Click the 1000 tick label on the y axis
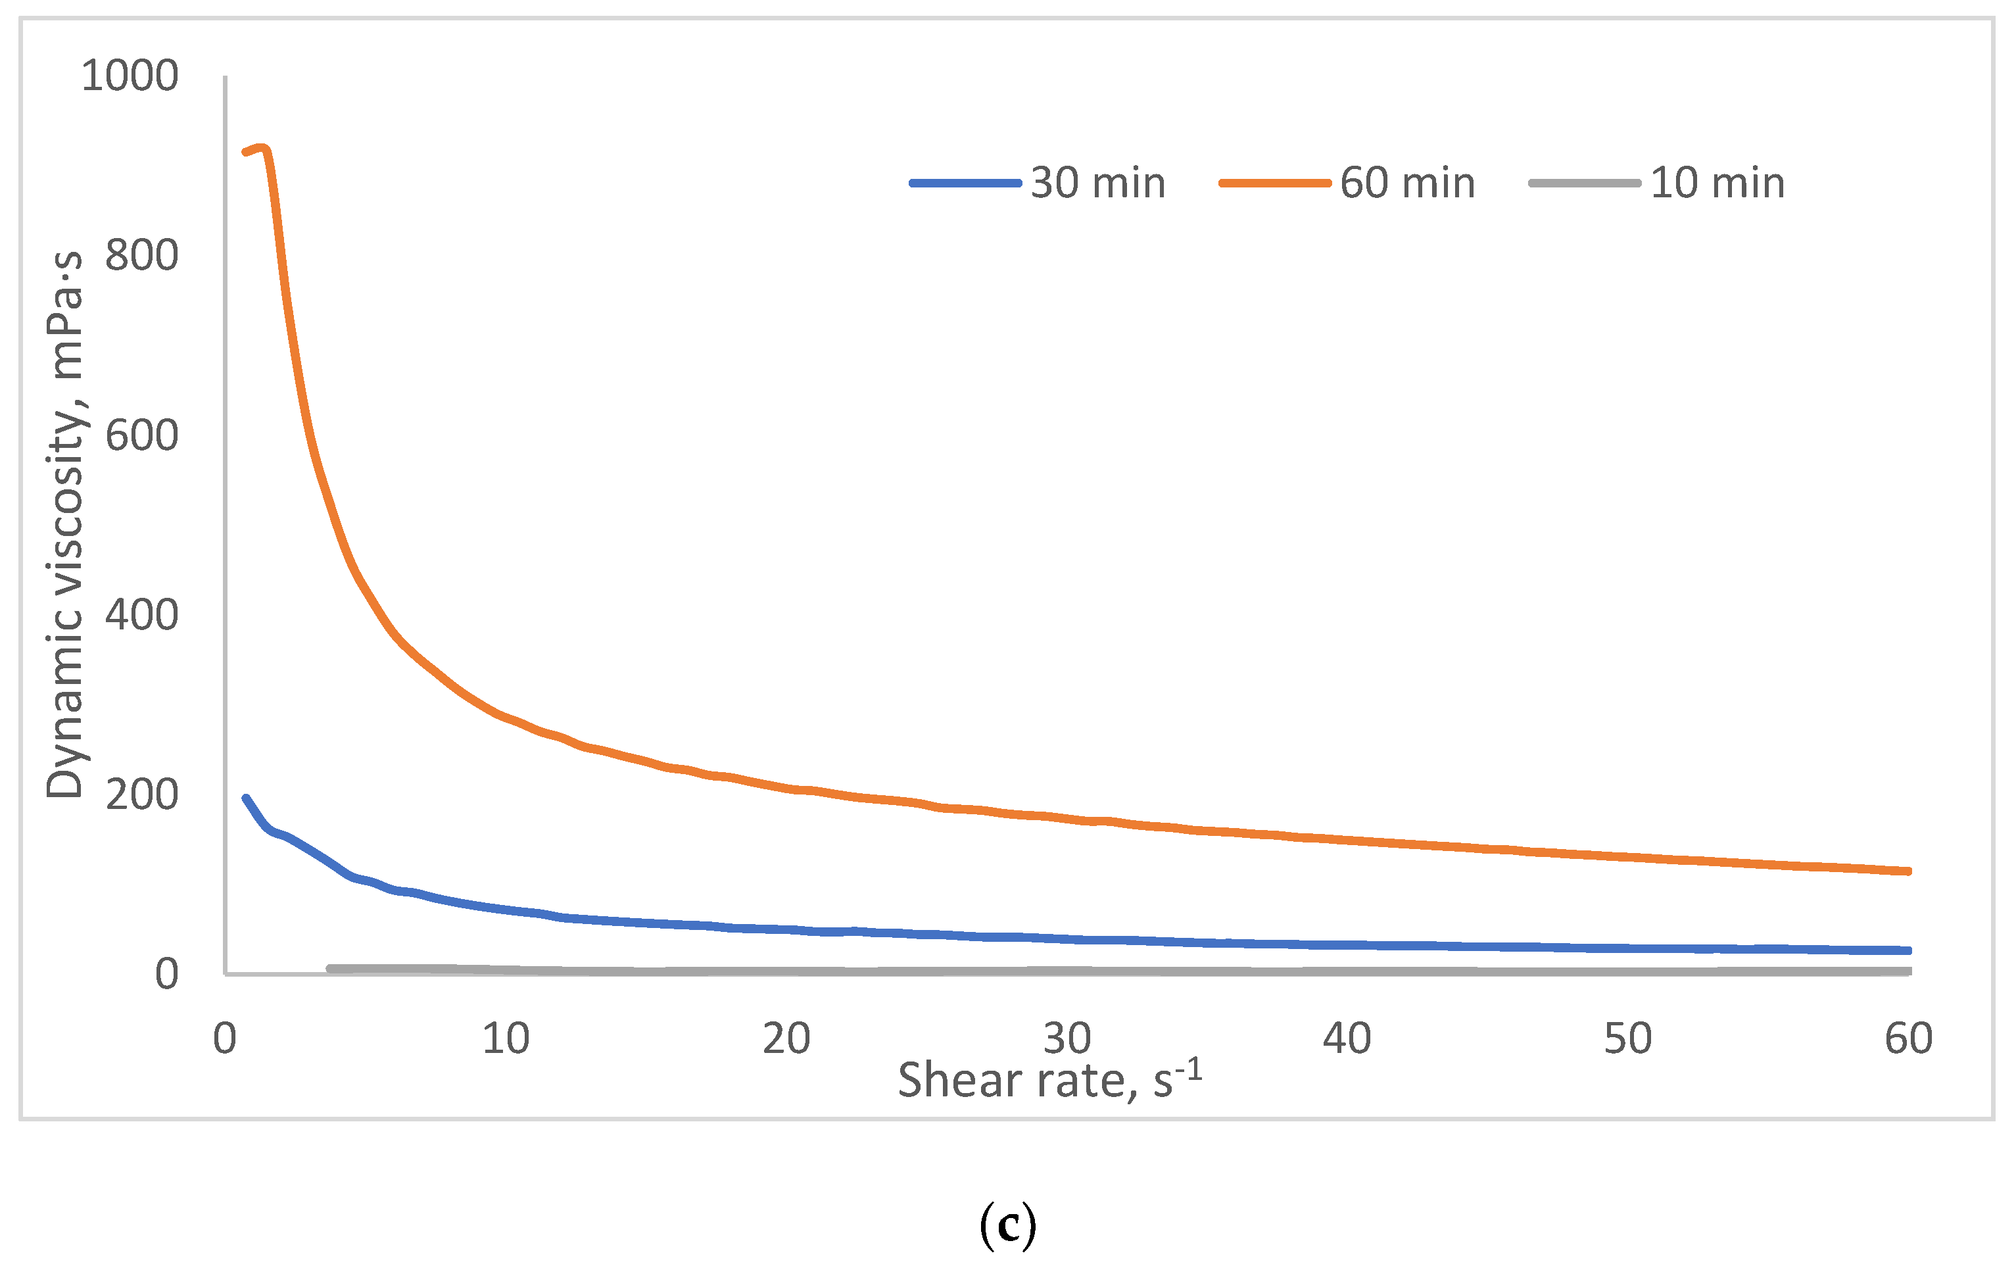pyautogui.click(x=130, y=76)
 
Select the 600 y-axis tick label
pyautogui.click(x=141, y=435)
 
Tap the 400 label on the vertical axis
pyautogui.click(x=141, y=616)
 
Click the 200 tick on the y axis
pyautogui.click(x=141, y=794)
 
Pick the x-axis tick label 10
pyautogui.click(x=505, y=1039)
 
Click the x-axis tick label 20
pyautogui.click(x=786, y=1039)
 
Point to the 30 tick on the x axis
pyautogui.click(x=1067, y=1039)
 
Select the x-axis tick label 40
pyautogui.click(x=1347, y=1039)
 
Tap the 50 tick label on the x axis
pyautogui.click(x=1627, y=1039)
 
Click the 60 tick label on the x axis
pyautogui.click(x=1908, y=1039)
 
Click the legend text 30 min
pyautogui.click(x=1097, y=183)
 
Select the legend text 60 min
pyautogui.click(x=1407, y=183)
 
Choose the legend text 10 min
pyautogui.click(x=1717, y=183)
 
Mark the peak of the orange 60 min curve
pyautogui.click(x=262, y=148)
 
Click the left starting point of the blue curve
pyautogui.click(x=245, y=798)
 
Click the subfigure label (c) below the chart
pyautogui.click(x=1007, y=1225)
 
